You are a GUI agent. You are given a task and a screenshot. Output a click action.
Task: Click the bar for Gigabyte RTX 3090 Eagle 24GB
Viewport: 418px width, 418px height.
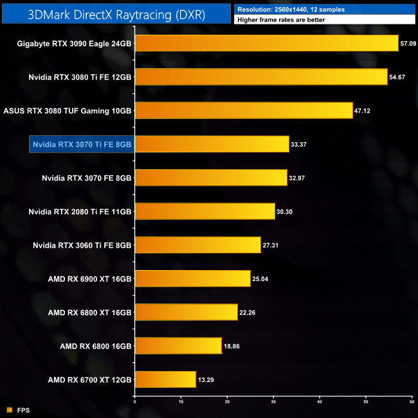click(x=266, y=44)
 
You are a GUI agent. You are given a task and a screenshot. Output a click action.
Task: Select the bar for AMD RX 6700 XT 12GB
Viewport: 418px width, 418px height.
click(x=165, y=379)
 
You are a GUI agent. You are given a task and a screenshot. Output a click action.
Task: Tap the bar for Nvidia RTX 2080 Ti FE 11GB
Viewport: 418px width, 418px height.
click(x=204, y=212)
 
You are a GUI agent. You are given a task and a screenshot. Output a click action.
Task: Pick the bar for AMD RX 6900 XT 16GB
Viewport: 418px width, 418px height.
click(x=192, y=278)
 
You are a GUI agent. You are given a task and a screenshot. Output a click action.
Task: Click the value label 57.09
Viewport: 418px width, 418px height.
click(x=408, y=44)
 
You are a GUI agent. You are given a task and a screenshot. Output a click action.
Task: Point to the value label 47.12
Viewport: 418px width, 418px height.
click(x=363, y=111)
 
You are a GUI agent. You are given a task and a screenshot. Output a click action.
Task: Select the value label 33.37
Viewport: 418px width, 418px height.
click(x=299, y=145)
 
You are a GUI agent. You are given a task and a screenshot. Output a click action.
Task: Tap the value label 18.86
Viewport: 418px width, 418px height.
click(x=232, y=346)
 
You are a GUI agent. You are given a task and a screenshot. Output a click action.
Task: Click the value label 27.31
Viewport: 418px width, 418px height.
click(x=271, y=245)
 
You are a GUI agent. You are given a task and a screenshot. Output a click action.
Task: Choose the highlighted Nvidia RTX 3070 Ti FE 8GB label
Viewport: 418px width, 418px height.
click(x=82, y=145)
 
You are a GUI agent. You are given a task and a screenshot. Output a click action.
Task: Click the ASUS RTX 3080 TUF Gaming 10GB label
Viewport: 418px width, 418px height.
click(x=68, y=111)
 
